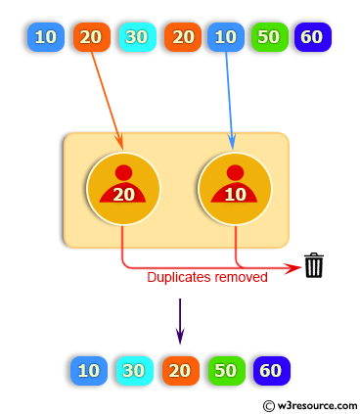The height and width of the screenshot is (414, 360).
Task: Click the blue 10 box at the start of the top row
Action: coord(45,37)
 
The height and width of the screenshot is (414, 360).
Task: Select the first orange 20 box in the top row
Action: coord(90,37)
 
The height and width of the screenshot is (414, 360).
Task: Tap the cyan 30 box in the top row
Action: coord(136,37)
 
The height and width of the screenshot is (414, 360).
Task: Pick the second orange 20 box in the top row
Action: coord(182,37)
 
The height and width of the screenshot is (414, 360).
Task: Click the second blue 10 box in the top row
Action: coord(225,37)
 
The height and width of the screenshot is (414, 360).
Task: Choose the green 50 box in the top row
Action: coord(268,37)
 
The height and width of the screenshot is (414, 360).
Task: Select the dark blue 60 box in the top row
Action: coord(312,37)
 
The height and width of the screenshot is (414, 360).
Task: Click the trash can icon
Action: coord(313,265)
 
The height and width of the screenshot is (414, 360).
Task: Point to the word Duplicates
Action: coord(181,277)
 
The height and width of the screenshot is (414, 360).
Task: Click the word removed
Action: coord(243,277)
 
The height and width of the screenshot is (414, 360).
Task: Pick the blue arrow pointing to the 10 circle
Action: coord(230,98)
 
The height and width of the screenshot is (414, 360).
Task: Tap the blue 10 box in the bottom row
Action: coord(88,371)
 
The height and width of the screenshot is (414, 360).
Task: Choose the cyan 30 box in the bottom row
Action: coord(134,371)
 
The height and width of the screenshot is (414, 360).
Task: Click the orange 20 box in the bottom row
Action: coord(180,371)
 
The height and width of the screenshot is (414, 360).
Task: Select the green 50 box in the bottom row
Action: coord(225,371)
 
